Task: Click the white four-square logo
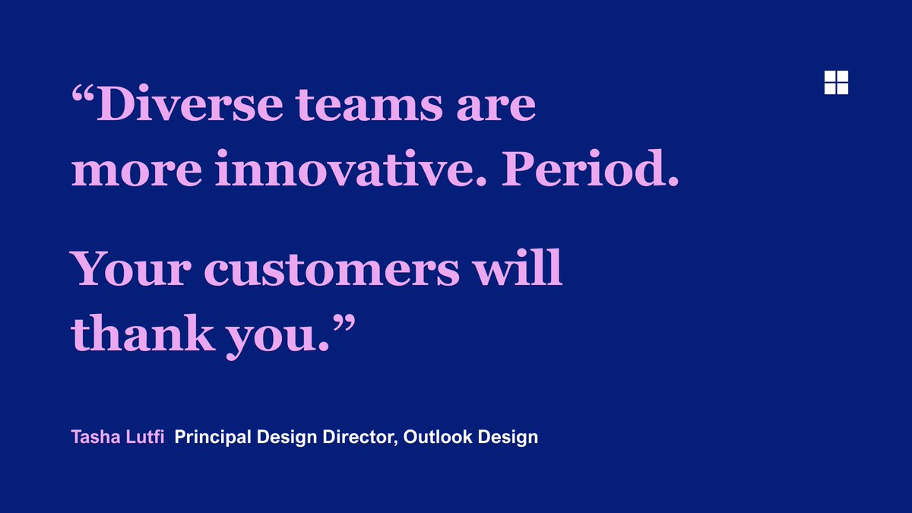[x=836, y=82]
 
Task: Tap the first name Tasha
[x=92, y=437]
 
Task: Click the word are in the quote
[x=498, y=107]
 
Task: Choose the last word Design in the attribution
[x=511, y=438]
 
